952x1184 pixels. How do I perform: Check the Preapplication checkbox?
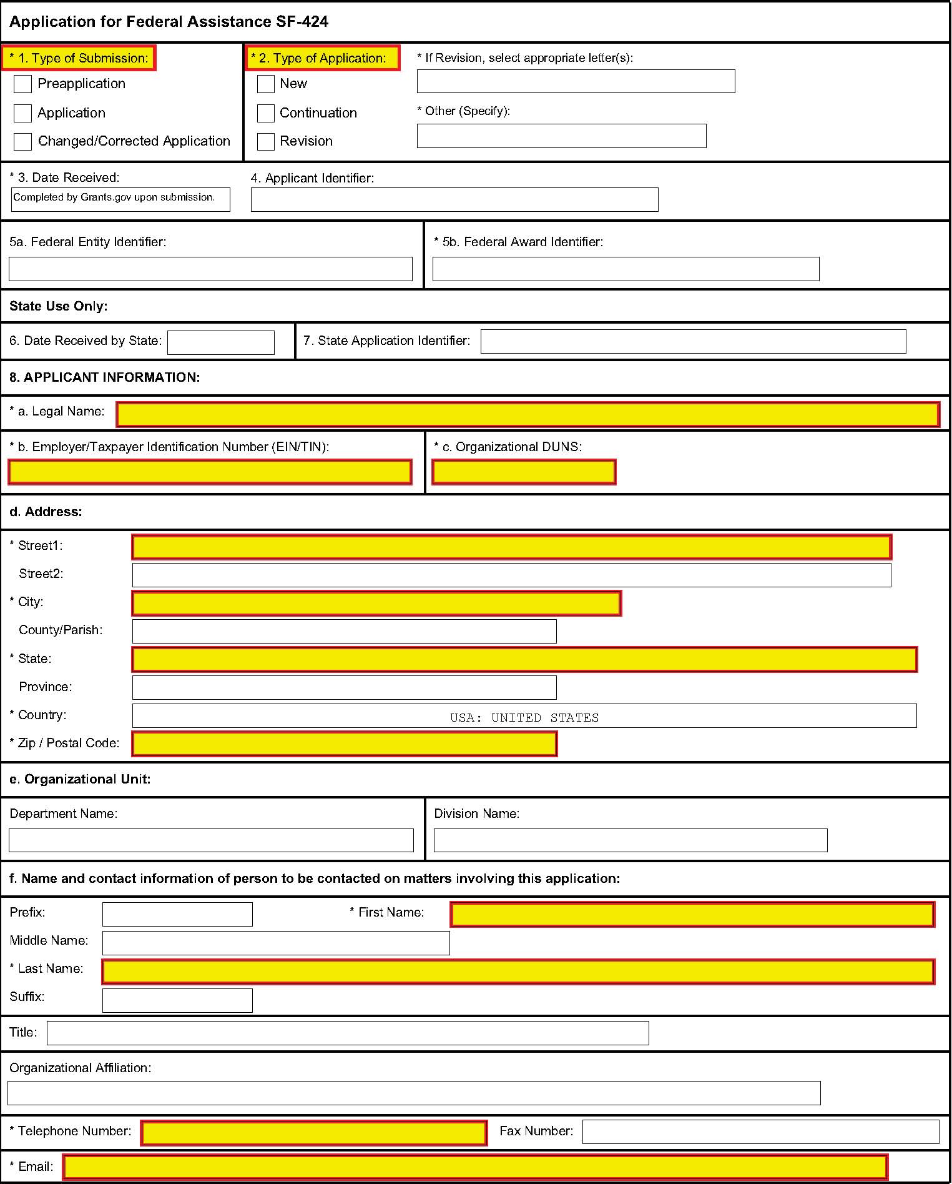(x=22, y=84)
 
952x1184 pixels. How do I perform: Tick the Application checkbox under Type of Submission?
(x=22, y=113)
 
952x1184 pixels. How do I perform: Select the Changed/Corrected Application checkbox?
(x=22, y=141)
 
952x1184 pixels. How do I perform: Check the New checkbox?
(x=266, y=84)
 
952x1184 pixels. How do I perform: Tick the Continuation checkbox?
(x=266, y=113)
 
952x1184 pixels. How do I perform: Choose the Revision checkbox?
(x=266, y=141)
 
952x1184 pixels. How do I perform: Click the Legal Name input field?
(x=528, y=414)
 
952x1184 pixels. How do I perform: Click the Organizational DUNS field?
(x=524, y=472)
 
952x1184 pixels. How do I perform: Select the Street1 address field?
(x=511, y=547)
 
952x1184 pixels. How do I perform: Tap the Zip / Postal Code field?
(x=344, y=744)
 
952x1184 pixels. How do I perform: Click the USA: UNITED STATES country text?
(x=524, y=717)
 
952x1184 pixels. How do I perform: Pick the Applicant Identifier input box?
(x=454, y=199)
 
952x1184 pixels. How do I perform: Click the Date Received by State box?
(x=221, y=342)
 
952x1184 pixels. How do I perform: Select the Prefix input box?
(x=177, y=914)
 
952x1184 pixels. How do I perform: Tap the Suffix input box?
(x=177, y=1000)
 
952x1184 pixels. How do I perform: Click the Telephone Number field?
(x=313, y=1133)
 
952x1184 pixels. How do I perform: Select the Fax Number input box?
(x=760, y=1132)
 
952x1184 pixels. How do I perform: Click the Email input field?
(x=475, y=1167)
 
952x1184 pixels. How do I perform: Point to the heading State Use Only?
(x=59, y=306)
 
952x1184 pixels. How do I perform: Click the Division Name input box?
(x=631, y=840)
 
